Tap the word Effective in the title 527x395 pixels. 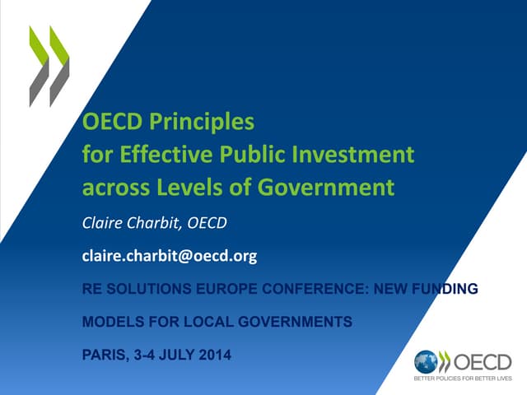click(x=156, y=155)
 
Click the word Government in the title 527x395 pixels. click(x=329, y=187)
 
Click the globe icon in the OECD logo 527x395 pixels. click(x=426, y=362)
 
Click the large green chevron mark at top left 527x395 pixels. click(x=49, y=66)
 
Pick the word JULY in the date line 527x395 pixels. click(x=180, y=355)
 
